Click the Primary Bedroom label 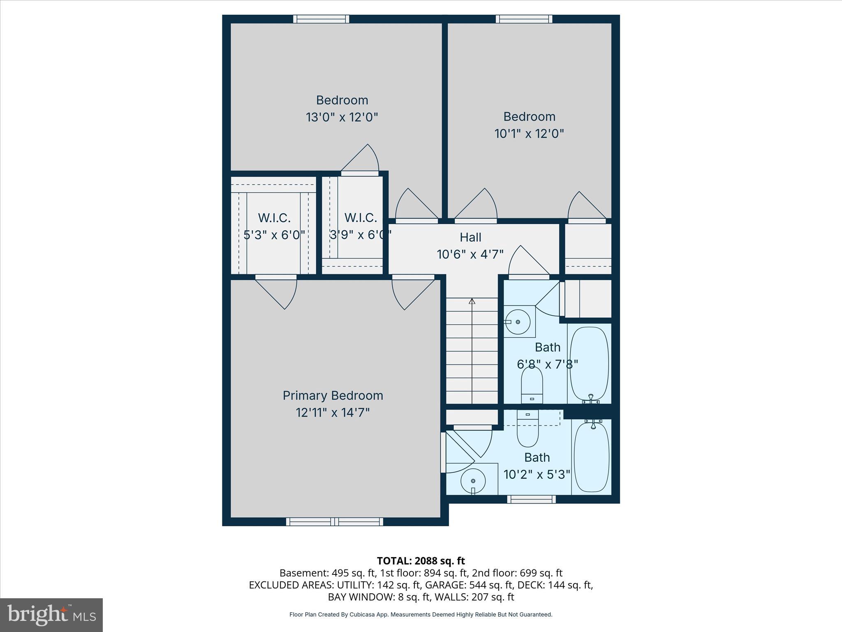333,395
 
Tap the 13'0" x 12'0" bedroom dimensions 342,117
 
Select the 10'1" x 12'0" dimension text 529,134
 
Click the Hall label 470,237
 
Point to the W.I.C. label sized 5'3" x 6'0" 274,218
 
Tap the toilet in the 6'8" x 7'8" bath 532,385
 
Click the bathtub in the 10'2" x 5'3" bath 591,457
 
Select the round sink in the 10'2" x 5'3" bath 473,481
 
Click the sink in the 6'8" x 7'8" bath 518,322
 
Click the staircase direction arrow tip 472,301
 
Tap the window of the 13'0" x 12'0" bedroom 321,19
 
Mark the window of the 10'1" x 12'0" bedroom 524,19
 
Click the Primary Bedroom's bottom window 334,522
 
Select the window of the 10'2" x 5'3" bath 531,499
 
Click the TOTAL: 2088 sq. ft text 421,561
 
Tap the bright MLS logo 51,615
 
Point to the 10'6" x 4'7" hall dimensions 470,254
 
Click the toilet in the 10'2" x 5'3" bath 527,430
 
